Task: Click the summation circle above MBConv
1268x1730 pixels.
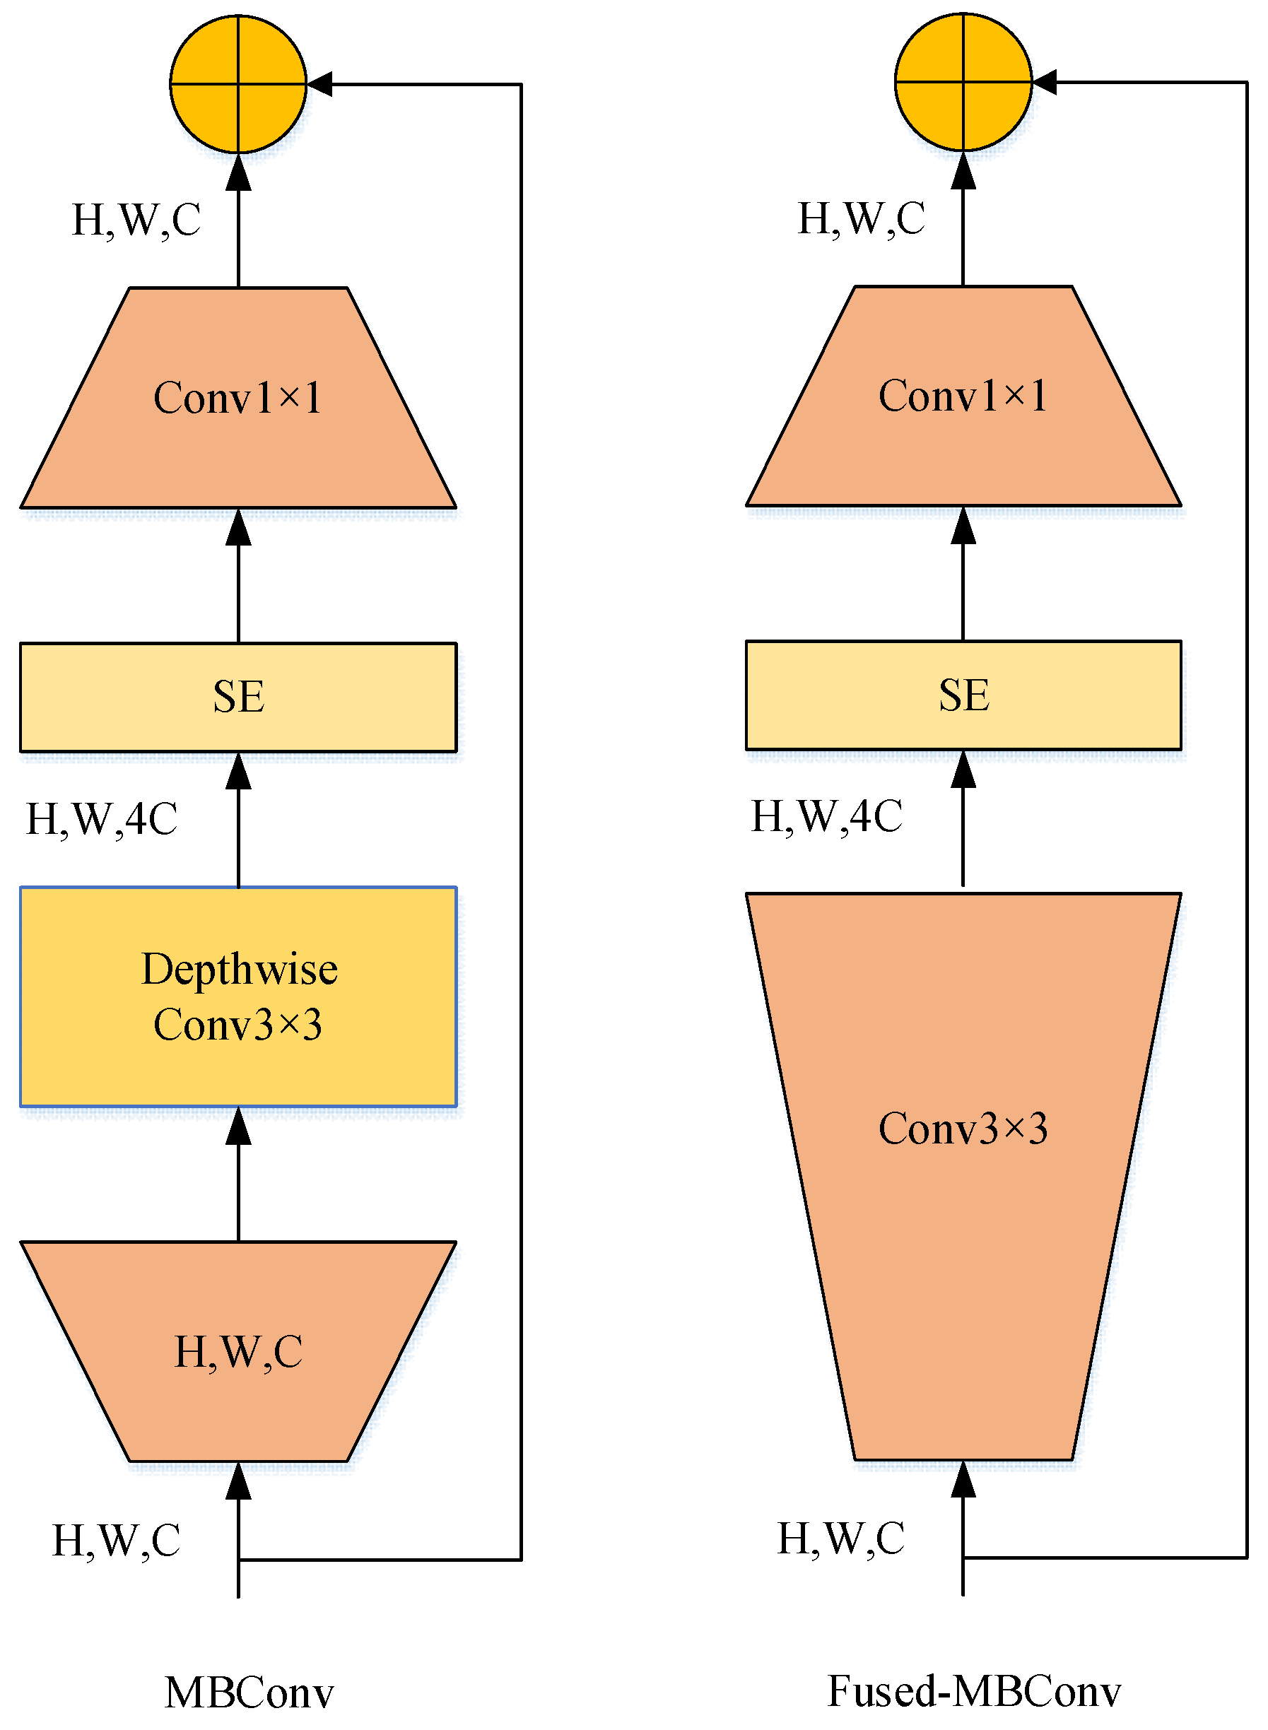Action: point(238,83)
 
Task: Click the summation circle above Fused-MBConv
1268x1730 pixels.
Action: point(963,81)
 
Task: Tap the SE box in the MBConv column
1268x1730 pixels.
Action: point(238,697)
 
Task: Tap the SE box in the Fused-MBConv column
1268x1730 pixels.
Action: point(963,695)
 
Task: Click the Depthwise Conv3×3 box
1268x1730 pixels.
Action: point(238,996)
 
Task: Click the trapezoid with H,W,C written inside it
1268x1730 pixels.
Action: point(238,1351)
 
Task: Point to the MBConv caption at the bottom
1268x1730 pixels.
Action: point(250,1693)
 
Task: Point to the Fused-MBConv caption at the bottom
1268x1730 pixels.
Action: point(973,1691)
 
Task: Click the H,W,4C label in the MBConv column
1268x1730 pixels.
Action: point(102,819)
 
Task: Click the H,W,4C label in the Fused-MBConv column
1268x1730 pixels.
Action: point(827,816)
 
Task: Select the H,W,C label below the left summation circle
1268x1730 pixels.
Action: point(136,220)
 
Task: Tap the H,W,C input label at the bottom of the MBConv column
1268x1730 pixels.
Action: point(116,1540)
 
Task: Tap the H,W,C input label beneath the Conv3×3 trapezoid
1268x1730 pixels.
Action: point(840,1538)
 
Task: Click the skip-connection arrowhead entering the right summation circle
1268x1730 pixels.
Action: point(1045,81)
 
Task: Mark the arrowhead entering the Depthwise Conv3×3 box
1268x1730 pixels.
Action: point(238,1125)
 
